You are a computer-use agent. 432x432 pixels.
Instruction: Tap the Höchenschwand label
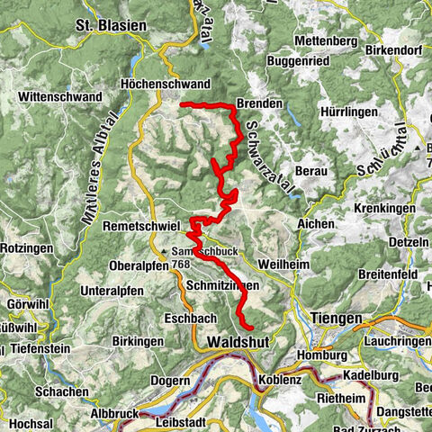[165, 85]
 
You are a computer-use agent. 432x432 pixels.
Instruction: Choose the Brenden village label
[259, 103]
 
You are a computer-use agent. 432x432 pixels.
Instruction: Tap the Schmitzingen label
[223, 284]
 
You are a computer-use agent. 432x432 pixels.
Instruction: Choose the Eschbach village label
[187, 318]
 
